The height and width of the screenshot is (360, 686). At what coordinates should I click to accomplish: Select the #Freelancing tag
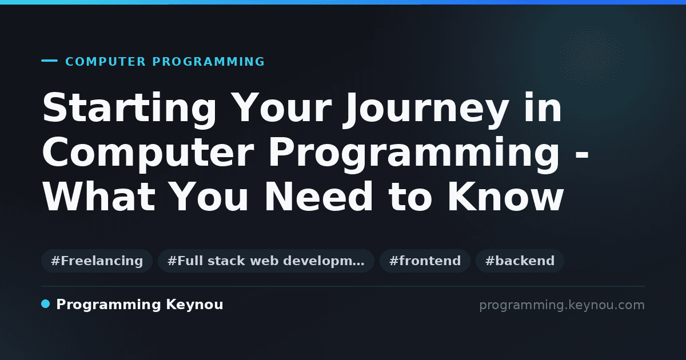[97, 261]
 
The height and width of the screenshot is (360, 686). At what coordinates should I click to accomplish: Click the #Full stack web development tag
[266, 261]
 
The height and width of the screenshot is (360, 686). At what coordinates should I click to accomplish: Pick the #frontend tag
[425, 261]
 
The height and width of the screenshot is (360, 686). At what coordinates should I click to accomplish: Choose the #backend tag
[520, 261]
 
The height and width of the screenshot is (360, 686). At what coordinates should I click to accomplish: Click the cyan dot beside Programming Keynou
[45, 304]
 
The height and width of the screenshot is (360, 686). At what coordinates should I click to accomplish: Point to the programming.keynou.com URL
[562, 305]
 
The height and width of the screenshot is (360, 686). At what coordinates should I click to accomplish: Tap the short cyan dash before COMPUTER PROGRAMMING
[49, 61]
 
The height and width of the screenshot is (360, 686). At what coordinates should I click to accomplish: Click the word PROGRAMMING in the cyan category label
[208, 62]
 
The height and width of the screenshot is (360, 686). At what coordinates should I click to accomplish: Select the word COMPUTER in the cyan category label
[105, 62]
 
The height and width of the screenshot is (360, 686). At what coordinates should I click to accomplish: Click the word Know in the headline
[505, 196]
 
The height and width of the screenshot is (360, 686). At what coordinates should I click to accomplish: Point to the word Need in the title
[318, 196]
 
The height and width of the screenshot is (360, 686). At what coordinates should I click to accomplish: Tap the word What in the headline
[99, 196]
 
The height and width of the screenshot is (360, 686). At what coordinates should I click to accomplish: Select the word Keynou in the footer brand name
[194, 305]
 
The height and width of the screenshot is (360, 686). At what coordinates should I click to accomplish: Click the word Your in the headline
[281, 107]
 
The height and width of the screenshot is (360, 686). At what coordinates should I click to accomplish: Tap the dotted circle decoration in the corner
[592, 57]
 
